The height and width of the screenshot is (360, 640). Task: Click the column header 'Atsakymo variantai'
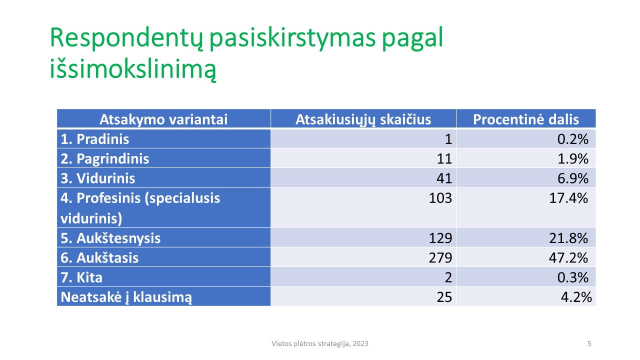pyautogui.click(x=163, y=119)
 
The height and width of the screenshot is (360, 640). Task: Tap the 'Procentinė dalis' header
pyautogui.click(x=525, y=119)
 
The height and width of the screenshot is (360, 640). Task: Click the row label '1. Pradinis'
pyautogui.click(x=95, y=139)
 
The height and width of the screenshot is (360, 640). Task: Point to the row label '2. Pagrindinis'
pyautogui.click(x=105, y=159)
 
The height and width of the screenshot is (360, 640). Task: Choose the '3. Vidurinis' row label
pyautogui.click(x=97, y=178)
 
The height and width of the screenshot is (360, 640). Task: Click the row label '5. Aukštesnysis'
pyautogui.click(x=110, y=238)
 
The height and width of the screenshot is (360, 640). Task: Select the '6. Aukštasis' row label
pyautogui.click(x=99, y=257)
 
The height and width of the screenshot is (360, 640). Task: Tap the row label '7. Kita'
pyautogui.click(x=81, y=277)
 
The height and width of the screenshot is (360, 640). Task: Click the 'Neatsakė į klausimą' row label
pyautogui.click(x=126, y=297)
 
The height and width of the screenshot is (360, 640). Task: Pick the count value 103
pyautogui.click(x=440, y=198)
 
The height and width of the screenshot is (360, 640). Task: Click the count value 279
pyautogui.click(x=440, y=257)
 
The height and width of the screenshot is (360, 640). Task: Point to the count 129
pyautogui.click(x=440, y=238)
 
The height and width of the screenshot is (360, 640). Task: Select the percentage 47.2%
pyautogui.click(x=568, y=257)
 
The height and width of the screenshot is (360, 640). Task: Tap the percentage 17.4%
pyautogui.click(x=568, y=198)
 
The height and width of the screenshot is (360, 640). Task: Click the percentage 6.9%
pyautogui.click(x=573, y=178)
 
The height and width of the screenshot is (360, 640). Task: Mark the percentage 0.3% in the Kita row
pyautogui.click(x=573, y=277)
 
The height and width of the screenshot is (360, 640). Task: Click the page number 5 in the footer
pyautogui.click(x=589, y=343)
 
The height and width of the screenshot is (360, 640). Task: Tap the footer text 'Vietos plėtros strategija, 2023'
pyautogui.click(x=319, y=343)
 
